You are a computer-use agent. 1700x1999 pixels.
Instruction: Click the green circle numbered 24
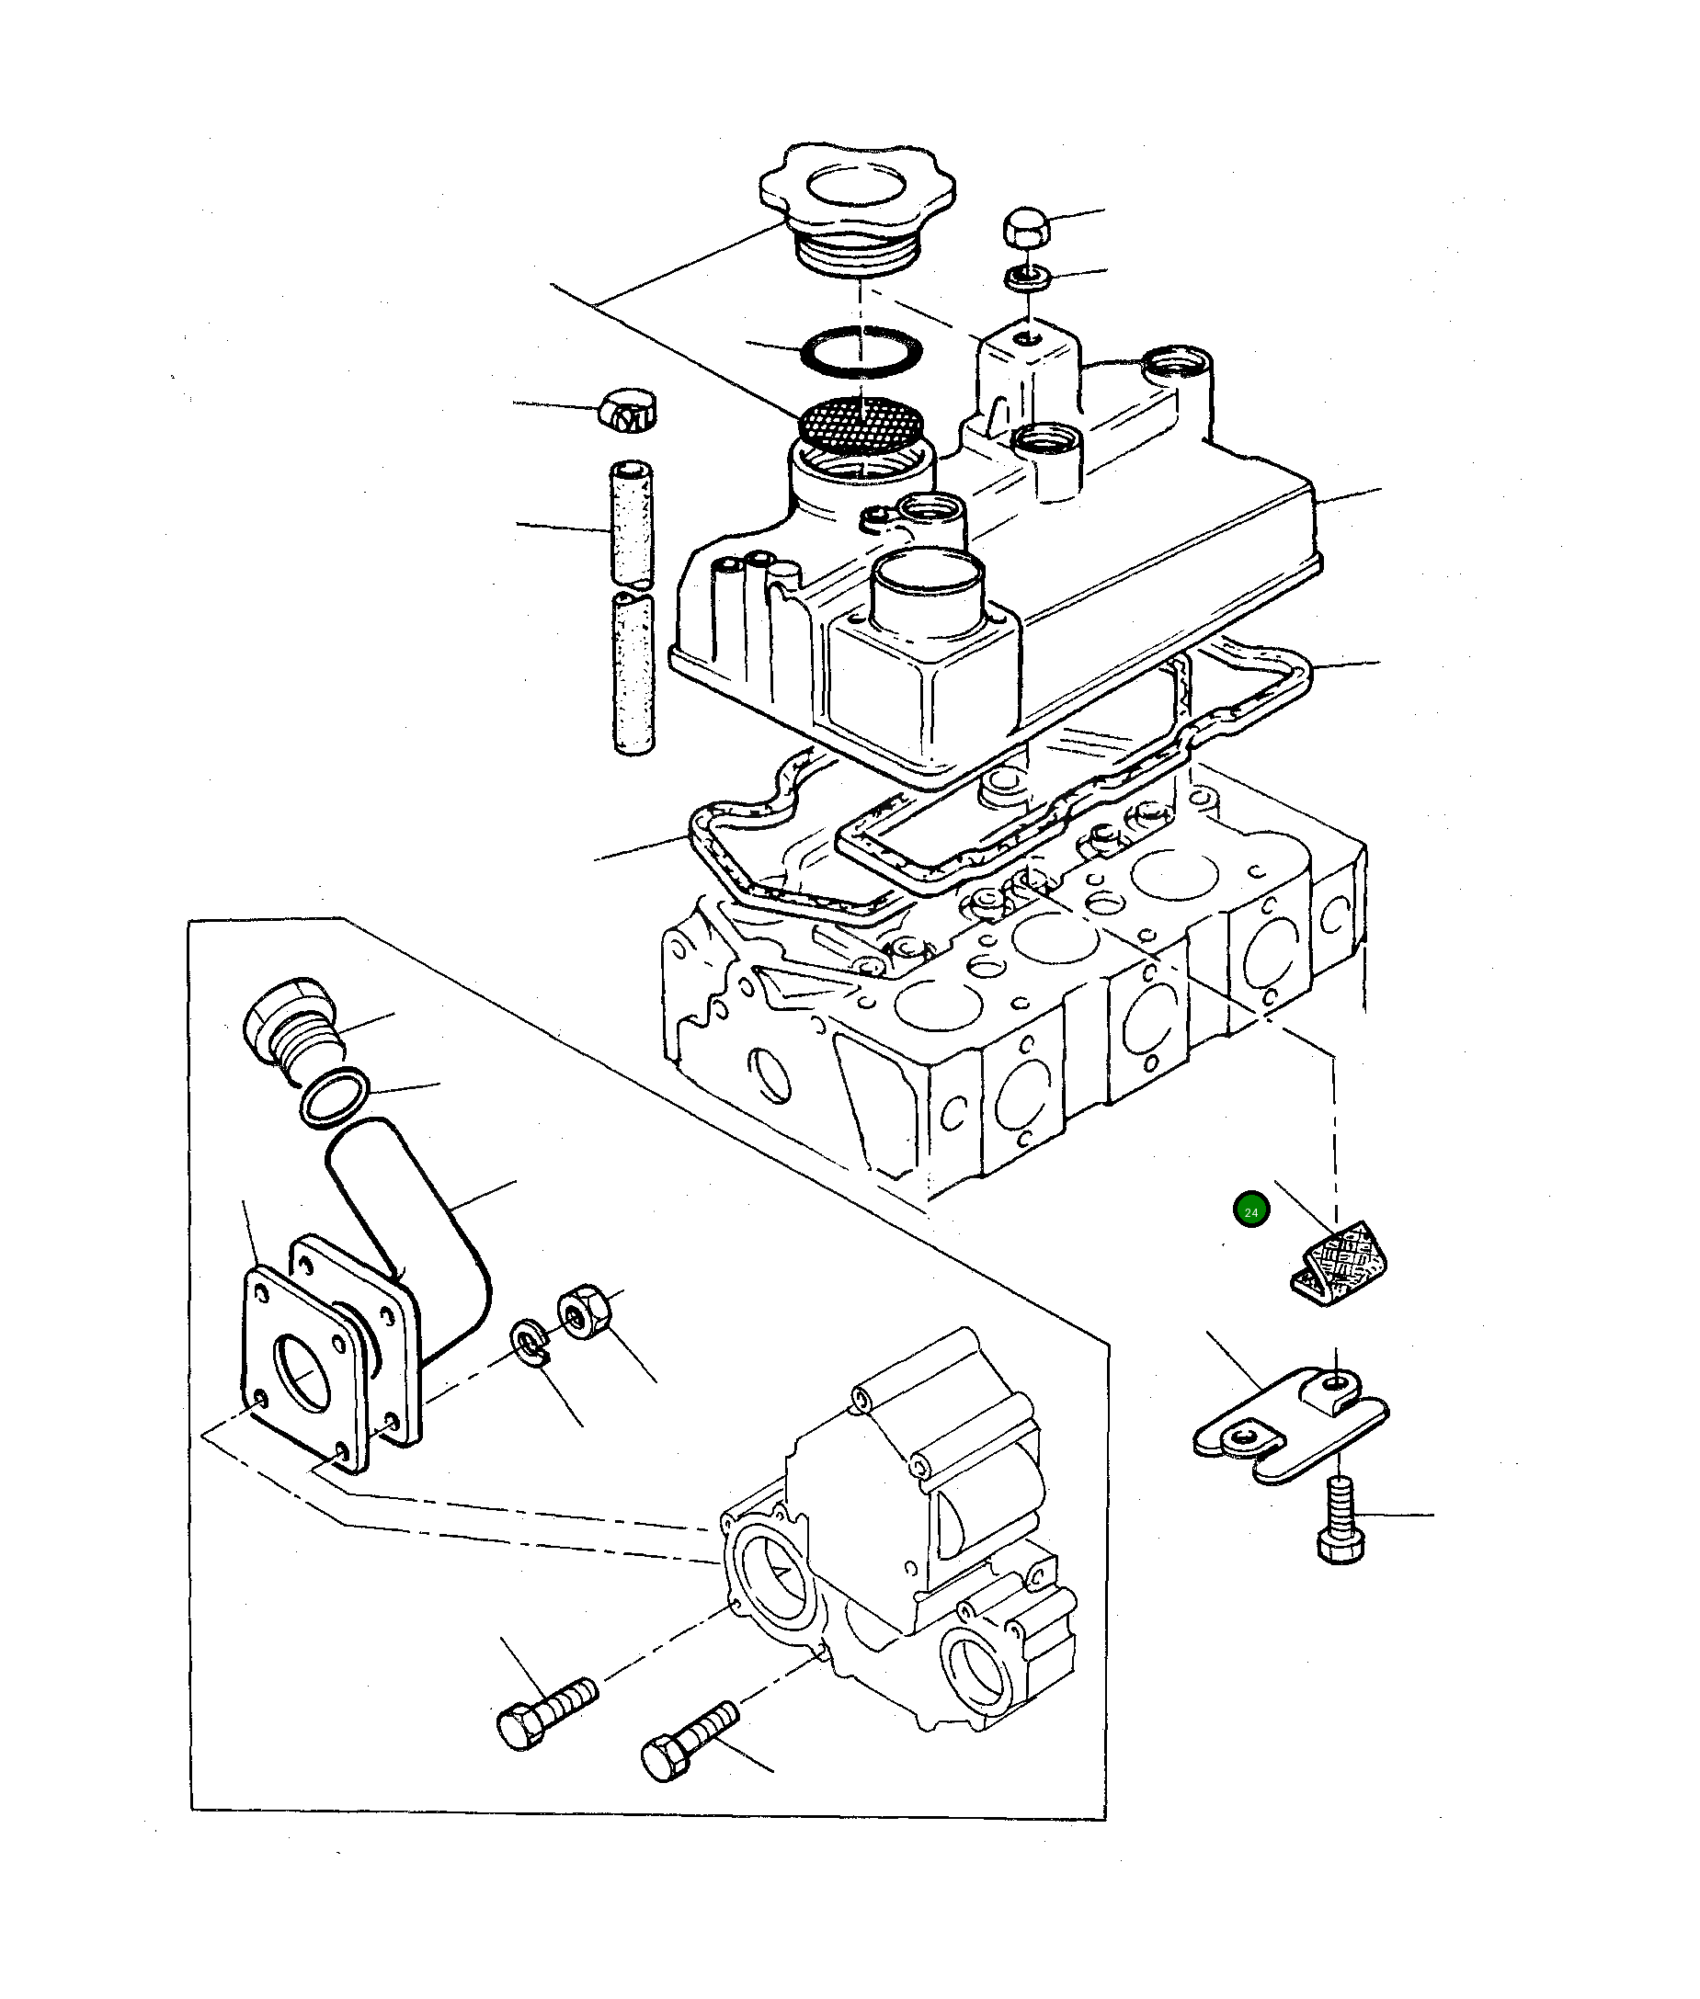click(1251, 1211)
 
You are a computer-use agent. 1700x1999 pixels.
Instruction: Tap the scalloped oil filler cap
click(857, 198)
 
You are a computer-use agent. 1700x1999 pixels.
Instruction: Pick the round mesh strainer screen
click(861, 424)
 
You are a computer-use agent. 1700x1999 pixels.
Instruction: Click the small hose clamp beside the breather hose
click(628, 412)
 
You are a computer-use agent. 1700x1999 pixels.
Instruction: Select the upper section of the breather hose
click(632, 525)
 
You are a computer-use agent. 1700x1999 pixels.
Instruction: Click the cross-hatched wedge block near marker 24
click(1341, 1264)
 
